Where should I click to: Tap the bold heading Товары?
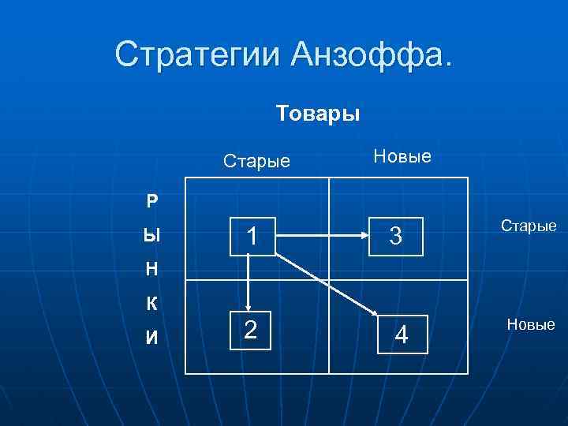318,114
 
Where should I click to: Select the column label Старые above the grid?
256,163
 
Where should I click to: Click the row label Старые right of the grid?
528,226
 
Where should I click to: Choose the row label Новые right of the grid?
530,324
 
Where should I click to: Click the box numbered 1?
252,235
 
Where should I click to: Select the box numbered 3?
396,235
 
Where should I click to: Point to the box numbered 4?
402,335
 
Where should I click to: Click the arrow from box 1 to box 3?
323,235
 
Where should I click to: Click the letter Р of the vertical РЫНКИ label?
151,200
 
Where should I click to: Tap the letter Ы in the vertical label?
151,235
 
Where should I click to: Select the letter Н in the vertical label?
151,270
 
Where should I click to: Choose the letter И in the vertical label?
151,338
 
